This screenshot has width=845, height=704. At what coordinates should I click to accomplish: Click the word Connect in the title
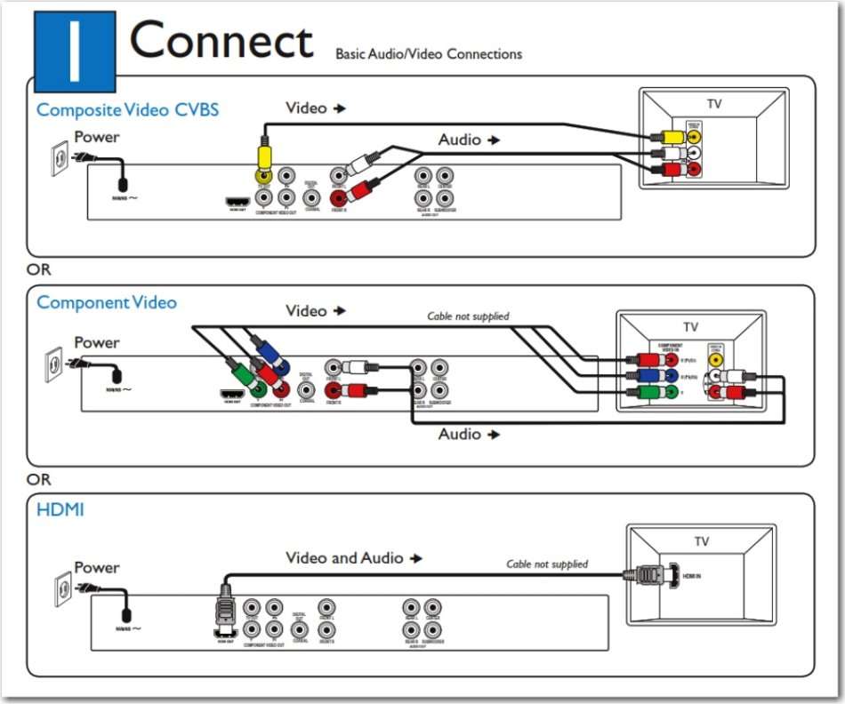[221, 42]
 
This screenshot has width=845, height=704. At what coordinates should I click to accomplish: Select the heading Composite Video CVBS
[127, 110]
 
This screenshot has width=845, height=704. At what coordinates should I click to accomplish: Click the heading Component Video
[107, 302]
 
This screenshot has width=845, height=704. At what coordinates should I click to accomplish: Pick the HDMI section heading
[60, 510]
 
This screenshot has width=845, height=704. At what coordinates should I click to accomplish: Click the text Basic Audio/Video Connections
[428, 54]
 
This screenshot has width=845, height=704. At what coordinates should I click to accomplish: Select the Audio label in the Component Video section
[460, 434]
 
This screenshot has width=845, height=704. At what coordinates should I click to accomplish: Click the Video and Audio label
[344, 558]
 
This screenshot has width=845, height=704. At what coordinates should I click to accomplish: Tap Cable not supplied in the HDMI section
[547, 564]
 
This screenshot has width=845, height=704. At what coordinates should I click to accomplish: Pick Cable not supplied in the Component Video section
[468, 316]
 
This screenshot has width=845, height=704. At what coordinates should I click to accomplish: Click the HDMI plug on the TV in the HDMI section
[651, 575]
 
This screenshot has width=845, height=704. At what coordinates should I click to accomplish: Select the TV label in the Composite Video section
[714, 104]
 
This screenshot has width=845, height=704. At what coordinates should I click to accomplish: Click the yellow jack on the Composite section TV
[695, 138]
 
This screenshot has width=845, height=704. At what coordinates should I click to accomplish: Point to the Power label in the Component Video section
[96, 342]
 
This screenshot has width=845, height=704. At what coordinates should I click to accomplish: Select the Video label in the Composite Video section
[306, 108]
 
